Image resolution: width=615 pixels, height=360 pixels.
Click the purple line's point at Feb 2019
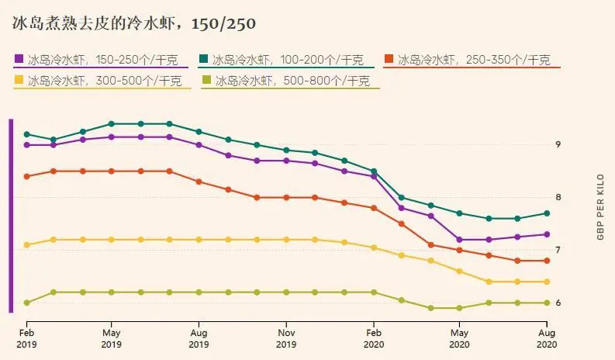pyautogui.click(x=26, y=145)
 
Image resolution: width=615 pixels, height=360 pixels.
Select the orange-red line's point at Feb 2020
pyautogui.click(x=373, y=208)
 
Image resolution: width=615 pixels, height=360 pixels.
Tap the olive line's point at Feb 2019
pyautogui.click(x=26, y=303)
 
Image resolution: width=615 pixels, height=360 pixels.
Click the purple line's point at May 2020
pyautogui.click(x=460, y=240)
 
